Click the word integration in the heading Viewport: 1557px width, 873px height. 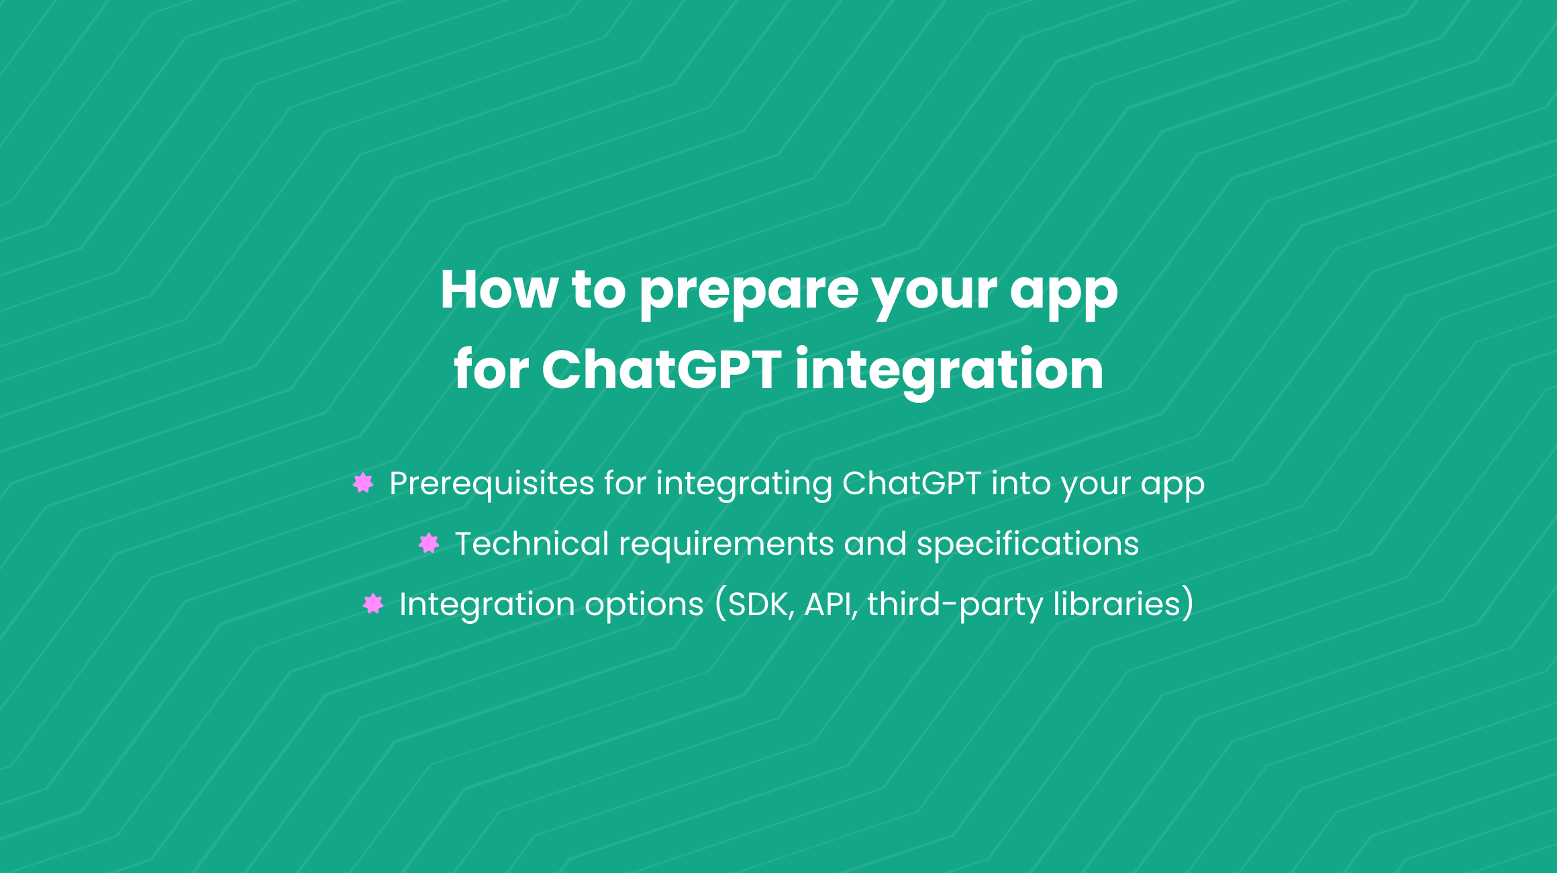(949, 373)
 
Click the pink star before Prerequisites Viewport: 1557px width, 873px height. (363, 483)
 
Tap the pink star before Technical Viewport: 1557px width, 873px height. (429, 543)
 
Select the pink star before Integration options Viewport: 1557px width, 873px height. (373, 604)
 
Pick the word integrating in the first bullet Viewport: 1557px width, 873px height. (744, 485)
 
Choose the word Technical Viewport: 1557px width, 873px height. (532, 543)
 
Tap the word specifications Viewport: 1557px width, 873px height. (1027, 545)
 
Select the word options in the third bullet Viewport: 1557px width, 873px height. (644, 606)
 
